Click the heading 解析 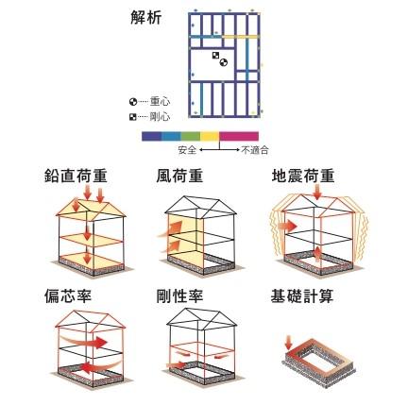pos(145,18)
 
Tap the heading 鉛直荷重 pos(76,176)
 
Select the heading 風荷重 pos(179,176)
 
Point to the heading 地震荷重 pos(303,176)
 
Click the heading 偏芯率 pos(68,296)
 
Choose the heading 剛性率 pos(179,296)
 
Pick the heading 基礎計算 pos(302,296)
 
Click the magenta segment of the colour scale pos(239,136)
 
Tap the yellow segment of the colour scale pos(210,136)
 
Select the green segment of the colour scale pos(191,136)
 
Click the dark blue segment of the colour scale pos(151,136)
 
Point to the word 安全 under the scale pos(187,150)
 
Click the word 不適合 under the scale pos(255,150)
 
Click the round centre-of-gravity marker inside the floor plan pos(223,62)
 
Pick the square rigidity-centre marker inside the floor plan pos(215,56)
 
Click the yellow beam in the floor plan pos(240,37)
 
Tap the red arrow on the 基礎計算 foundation pos(288,343)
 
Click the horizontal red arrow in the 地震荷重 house pos(287,226)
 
